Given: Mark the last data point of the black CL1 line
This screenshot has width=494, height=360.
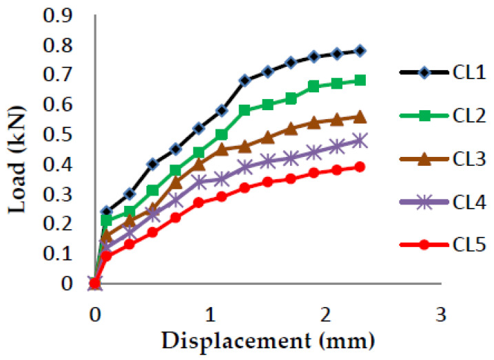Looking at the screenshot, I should point(360,51).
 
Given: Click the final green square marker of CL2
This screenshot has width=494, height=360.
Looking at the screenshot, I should point(360,81).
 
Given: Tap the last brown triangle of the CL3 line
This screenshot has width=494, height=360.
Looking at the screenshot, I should point(360,116).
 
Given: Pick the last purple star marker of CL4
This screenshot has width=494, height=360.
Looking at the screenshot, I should point(360,140).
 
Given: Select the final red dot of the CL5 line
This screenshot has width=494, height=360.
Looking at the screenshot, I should point(360,167).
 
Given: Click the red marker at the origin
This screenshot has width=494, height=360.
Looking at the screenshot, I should point(95,283).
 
